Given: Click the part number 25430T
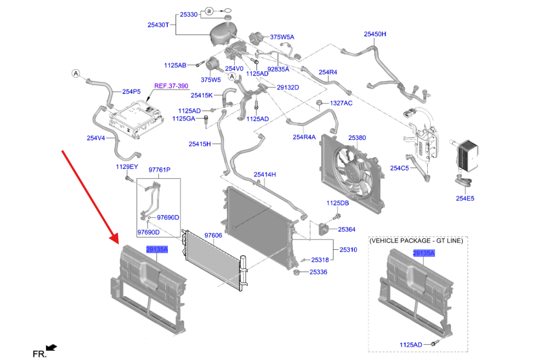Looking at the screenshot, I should point(158,25).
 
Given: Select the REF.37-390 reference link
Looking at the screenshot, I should point(171,86).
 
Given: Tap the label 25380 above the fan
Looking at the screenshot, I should point(357,138).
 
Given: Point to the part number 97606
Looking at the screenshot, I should point(213,235).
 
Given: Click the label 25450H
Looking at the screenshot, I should point(375,34).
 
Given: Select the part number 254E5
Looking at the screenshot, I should point(464,199).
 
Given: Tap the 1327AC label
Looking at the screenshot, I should point(341,103).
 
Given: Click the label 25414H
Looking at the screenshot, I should point(265,174).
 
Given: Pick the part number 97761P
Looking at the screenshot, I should point(159,170).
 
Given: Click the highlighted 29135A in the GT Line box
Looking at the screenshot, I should point(424,253).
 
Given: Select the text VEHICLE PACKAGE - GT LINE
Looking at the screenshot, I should point(416,241).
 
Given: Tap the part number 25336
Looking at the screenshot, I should point(318,272).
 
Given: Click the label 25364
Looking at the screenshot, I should point(347,229).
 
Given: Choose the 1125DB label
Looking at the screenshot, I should point(337,203).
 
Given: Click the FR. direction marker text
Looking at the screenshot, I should point(38,354).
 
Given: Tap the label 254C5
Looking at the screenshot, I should point(400,168).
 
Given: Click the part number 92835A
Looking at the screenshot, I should point(279,69).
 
